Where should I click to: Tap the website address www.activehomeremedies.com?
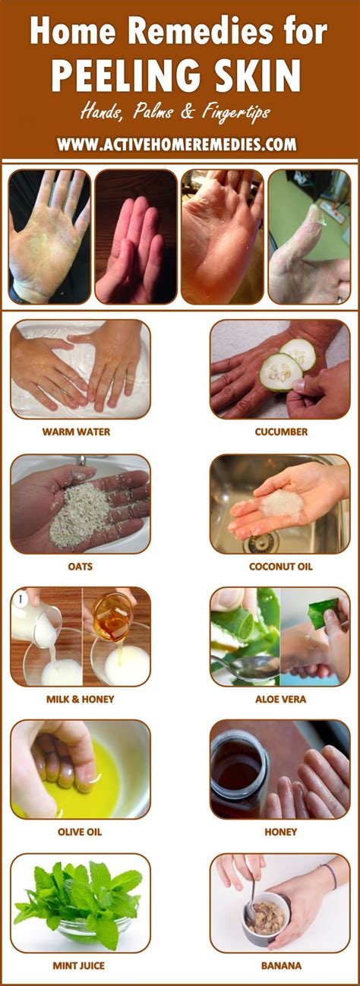click(176, 144)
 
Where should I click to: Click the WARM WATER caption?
click(76, 431)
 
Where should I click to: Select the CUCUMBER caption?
click(281, 431)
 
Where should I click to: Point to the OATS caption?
click(81, 566)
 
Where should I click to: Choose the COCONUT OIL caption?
click(281, 566)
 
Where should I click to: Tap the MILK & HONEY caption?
click(79, 699)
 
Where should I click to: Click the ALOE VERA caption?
click(281, 699)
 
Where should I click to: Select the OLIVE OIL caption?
click(79, 832)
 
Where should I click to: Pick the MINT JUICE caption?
click(79, 965)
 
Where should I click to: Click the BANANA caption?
click(281, 965)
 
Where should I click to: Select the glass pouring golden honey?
click(111, 615)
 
